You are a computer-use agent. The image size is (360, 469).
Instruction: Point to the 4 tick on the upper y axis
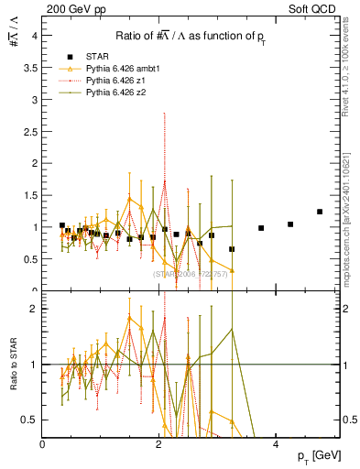[x=34, y=36]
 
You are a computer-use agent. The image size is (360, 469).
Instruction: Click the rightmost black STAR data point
[x=320, y=212]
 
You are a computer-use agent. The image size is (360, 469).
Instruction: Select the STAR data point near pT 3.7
[x=261, y=228]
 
